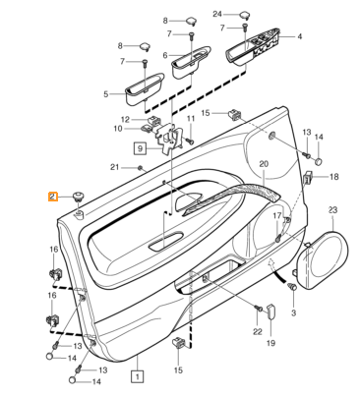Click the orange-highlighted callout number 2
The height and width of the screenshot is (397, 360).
(x=53, y=197)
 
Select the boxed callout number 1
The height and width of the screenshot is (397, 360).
(x=138, y=376)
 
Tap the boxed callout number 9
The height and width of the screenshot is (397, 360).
(x=140, y=148)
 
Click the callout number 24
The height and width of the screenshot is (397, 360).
(x=217, y=14)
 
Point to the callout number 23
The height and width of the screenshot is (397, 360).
(x=332, y=210)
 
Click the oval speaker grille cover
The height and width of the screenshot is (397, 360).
(x=322, y=260)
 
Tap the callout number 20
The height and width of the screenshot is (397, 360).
(x=264, y=164)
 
